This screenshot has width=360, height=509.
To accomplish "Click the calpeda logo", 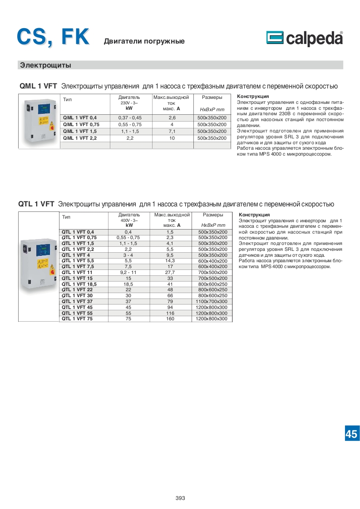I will (x=304, y=39).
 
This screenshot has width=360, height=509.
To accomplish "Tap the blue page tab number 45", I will (x=351, y=434).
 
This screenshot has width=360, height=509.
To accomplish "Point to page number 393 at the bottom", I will (x=180, y=498).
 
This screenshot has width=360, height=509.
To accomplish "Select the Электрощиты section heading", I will (x=45, y=65).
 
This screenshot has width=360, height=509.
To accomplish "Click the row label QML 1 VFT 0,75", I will (x=81, y=124).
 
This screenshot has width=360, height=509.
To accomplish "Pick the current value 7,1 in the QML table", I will (x=172, y=131).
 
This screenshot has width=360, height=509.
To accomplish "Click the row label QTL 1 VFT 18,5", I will (x=79, y=284).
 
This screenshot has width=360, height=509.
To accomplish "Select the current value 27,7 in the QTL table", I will (x=170, y=272).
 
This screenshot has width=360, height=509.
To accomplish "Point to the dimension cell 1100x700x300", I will (x=212, y=301).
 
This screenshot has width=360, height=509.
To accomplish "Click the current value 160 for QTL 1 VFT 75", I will (x=170, y=319).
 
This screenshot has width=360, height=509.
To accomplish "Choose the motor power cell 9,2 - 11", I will (x=128, y=272).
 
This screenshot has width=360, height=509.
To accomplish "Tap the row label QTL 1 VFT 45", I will (x=77, y=307).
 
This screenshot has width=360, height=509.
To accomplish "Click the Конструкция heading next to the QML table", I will (x=253, y=97).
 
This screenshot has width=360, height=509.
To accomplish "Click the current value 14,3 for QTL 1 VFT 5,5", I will (x=170, y=261).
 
